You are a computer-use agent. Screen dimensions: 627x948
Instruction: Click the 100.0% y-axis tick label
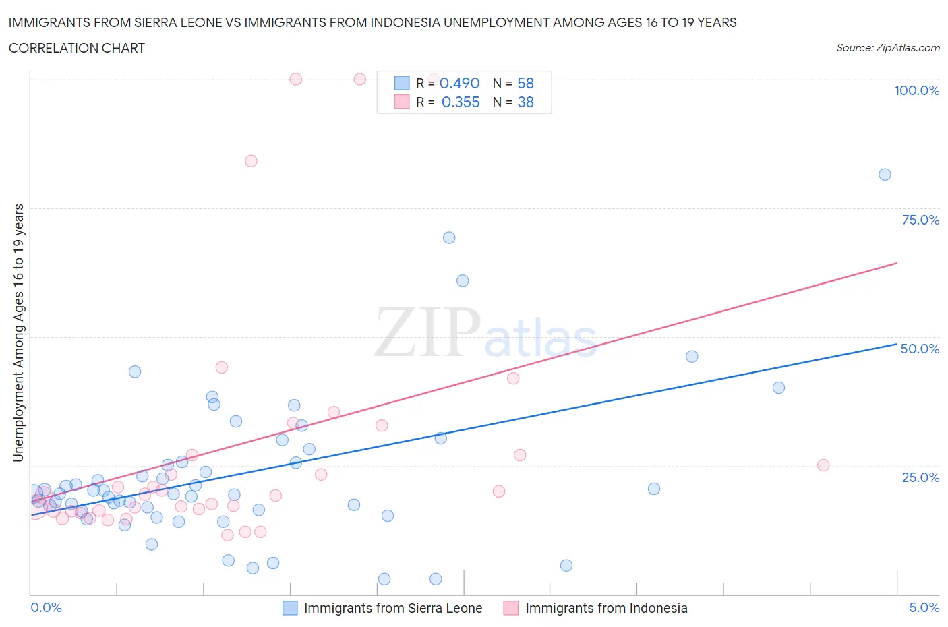(x=916, y=90)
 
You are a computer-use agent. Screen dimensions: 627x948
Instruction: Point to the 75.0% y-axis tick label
(x=920, y=220)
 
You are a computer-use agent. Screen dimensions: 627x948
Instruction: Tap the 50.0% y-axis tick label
(x=920, y=349)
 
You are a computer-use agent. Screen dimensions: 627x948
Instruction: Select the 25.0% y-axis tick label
(x=920, y=477)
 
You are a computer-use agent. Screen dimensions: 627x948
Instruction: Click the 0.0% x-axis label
(x=46, y=607)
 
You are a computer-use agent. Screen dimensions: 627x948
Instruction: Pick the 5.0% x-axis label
(x=924, y=607)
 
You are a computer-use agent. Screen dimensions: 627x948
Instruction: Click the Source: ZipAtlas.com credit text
(x=887, y=48)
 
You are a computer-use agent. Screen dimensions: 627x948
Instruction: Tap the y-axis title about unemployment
(x=19, y=332)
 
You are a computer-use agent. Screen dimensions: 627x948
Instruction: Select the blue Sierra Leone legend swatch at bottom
(x=290, y=608)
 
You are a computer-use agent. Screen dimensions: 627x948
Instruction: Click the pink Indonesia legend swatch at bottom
(x=511, y=608)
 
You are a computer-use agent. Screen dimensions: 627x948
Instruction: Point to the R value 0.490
(x=459, y=83)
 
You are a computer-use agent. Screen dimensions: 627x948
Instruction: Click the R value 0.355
(x=461, y=102)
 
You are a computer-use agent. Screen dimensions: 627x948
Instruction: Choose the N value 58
(x=525, y=83)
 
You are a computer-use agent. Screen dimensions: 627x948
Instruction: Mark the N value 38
(x=525, y=102)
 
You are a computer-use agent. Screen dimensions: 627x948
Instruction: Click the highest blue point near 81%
(x=885, y=175)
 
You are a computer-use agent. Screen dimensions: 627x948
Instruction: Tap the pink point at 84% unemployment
(x=251, y=160)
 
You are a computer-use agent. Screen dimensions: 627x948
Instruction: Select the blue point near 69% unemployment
(x=449, y=237)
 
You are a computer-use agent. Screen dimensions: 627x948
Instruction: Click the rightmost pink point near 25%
(x=823, y=465)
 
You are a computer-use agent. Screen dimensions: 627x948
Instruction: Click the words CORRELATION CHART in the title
(x=77, y=48)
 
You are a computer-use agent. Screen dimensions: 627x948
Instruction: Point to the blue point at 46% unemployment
(x=692, y=357)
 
